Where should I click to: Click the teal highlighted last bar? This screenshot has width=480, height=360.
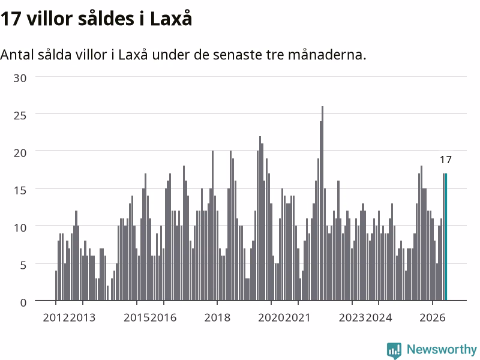[x=446, y=237]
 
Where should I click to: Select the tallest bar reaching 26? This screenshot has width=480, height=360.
[x=322, y=203]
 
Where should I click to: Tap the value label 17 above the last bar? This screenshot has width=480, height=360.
[x=446, y=160]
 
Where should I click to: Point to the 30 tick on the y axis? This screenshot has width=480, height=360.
[x=20, y=78]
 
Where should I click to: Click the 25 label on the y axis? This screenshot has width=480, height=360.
[x=20, y=115]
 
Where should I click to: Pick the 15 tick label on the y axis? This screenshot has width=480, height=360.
[x=20, y=190]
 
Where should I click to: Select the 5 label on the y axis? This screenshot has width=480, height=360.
[x=23, y=265]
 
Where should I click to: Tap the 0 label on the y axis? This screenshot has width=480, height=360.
[x=23, y=303]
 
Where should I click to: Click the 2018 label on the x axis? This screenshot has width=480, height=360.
[x=217, y=317]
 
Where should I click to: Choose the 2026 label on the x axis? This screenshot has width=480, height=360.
[x=432, y=317]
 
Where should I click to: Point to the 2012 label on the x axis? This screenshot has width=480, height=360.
[x=56, y=317]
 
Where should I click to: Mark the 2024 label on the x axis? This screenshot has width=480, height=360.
[x=379, y=317]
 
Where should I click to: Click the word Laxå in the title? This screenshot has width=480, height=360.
[x=171, y=18]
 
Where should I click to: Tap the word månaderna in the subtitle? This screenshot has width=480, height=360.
[x=327, y=55]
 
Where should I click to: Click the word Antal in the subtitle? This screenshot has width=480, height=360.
[x=17, y=55]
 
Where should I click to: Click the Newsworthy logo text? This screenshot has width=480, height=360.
[x=442, y=349]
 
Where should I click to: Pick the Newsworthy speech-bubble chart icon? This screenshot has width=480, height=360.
[x=394, y=350]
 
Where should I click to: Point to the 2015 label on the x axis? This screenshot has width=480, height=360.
[x=137, y=317]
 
